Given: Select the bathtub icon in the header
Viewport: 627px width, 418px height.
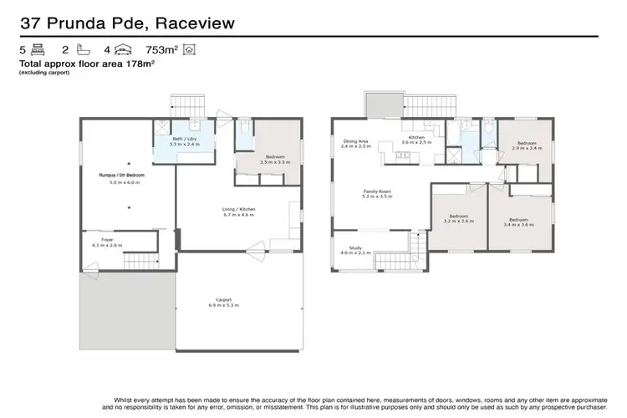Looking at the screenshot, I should pos(77,51).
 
